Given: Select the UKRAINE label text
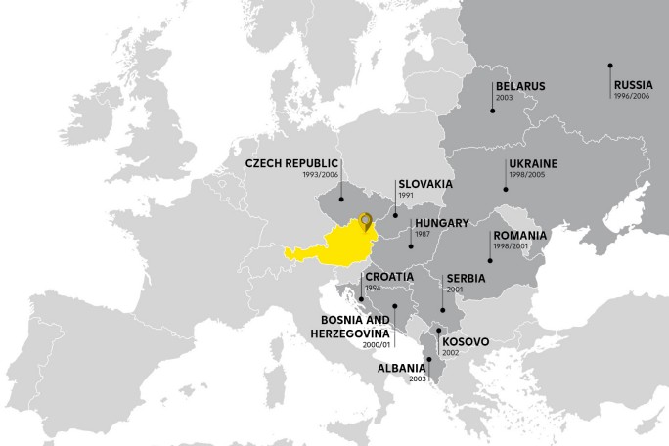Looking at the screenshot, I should coord(532,163).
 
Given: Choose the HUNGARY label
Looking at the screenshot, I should coord(442,223).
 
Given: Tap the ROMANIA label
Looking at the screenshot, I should coord(520,237).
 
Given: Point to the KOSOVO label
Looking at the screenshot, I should coord(466,342).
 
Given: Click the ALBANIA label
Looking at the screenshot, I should coord(401,370).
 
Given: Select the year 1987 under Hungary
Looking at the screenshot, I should coord(423,235).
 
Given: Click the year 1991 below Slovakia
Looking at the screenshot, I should coord(406,196).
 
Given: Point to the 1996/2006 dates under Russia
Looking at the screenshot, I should coord(632,98).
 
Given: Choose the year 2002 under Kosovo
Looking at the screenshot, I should coord(451,353).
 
